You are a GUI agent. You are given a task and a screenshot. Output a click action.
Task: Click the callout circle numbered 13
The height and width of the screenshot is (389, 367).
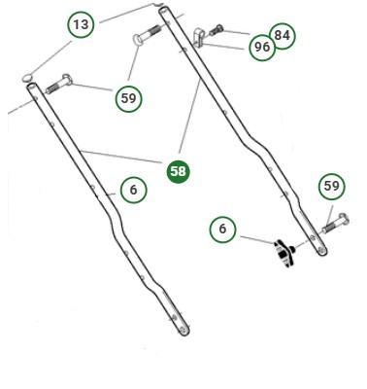(81, 24)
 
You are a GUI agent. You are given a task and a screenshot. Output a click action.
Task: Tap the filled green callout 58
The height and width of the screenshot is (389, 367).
(178, 171)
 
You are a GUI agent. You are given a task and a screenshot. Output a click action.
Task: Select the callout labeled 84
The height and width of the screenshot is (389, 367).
(282, 36)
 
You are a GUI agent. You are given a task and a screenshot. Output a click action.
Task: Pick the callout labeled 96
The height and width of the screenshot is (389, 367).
(261, 48)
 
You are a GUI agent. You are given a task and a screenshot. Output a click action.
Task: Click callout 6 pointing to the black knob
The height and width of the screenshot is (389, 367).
(222, 229)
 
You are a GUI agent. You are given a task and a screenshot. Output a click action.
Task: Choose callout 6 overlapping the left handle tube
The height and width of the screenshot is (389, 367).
(134, 190)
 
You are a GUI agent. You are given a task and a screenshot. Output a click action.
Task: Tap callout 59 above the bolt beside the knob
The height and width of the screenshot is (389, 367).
(332, 186)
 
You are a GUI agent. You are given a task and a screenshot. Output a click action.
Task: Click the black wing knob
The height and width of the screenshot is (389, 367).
(285, 256)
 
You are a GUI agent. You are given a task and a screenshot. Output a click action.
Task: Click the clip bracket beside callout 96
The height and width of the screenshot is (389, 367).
(201, 39)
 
